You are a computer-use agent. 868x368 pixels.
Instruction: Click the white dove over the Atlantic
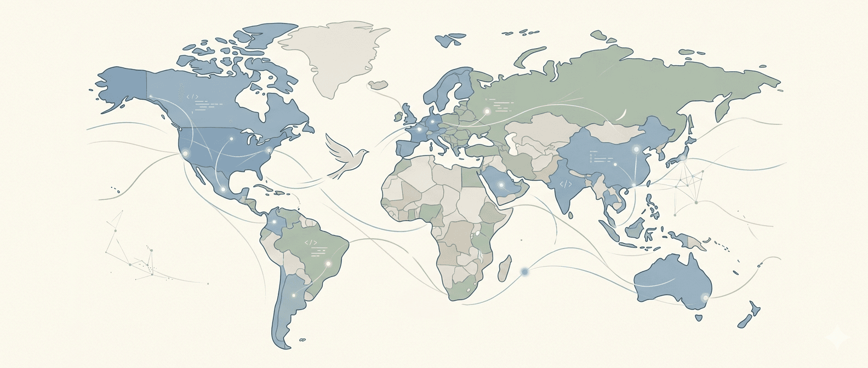(x=344, y=154)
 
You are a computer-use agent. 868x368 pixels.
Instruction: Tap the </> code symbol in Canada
(x=192, y=97)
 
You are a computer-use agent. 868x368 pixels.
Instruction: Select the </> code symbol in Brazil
(x=311, y=242)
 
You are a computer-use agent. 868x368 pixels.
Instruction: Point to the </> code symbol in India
(x=566, y=185)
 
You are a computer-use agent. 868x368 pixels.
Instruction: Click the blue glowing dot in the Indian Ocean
(x=525, y=271)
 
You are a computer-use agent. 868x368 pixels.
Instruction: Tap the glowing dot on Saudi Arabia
(x=500, y=185)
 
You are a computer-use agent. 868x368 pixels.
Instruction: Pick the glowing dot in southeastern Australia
(x=705, y=298)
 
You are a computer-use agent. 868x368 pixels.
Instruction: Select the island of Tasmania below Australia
(x=699, y=317)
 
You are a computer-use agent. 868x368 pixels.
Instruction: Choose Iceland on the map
(x=378, y=85)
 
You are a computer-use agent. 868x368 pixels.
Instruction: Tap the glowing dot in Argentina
(x=293, y=296)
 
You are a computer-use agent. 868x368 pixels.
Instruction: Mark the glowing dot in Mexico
(x=222, y=189)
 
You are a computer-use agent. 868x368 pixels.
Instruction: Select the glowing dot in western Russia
(x=486, y=112)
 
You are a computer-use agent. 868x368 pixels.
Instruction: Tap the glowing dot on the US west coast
(x=185, y=154)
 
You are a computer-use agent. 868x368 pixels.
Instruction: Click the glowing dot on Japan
(x=683, y=158)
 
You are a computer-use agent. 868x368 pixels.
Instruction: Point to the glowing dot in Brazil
(x=328, y=264)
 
